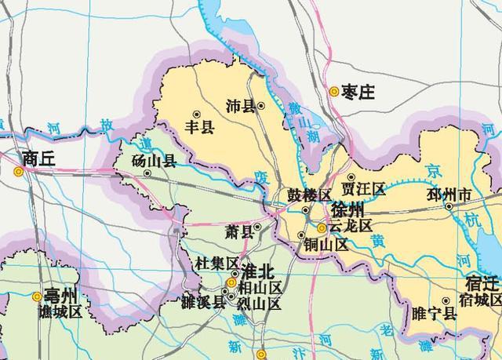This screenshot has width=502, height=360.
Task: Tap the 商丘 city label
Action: (x=40, y=158)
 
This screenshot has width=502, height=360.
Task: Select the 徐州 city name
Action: (x=347, y=211)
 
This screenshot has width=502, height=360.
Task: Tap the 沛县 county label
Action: (x=240, y=106)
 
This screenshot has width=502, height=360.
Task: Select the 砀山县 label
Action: (x=154, y=164)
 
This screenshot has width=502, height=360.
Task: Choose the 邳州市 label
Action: (x=449, y=194)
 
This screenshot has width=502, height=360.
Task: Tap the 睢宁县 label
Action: (x=434, y=314)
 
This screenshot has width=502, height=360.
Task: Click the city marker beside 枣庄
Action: (x=334, y=92)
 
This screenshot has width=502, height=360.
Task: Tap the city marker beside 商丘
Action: (x=18, y=169)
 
